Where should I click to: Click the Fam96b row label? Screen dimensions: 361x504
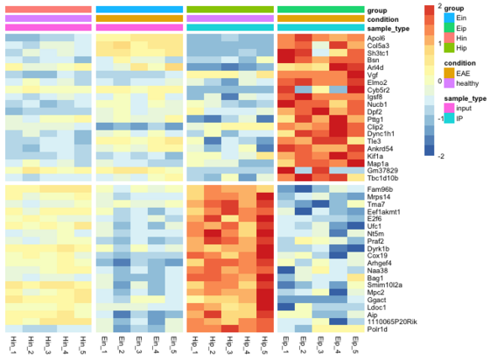381,190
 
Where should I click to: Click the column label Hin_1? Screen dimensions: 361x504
14,346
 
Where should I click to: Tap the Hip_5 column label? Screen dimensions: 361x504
265,346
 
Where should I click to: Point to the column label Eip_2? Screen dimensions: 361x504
303,346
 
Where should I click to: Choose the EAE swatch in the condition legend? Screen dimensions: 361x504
449,73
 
